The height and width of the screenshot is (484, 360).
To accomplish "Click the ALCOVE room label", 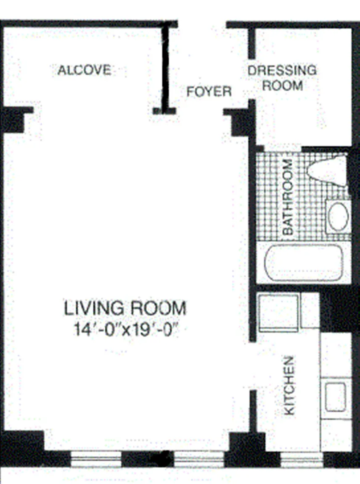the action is pos(85,70).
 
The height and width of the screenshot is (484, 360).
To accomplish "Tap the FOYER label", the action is pos(209,91).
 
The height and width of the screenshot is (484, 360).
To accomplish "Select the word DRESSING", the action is pos(282,71).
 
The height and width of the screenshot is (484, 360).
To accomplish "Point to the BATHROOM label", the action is pos(288,197).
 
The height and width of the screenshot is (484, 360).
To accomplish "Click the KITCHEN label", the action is pos(289,386).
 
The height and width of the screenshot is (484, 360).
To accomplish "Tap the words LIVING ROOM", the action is pos(125,308).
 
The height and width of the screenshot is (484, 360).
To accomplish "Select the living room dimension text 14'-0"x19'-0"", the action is pos(127,329).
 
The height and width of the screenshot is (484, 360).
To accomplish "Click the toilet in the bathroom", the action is pos(327,171).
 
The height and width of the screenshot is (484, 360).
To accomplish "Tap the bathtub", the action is pos(304,263).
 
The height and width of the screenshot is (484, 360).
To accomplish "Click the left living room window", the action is pos(96,459).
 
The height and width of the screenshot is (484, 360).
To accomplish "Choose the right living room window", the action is pos(199,459).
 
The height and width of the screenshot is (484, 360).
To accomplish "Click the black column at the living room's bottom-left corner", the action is pos(21,447).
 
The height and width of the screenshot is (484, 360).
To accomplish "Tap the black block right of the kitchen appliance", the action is pos(340,309).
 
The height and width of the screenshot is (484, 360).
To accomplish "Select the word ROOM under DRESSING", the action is pos(283,85).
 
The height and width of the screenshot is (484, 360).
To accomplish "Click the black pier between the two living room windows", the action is pos(148,459).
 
